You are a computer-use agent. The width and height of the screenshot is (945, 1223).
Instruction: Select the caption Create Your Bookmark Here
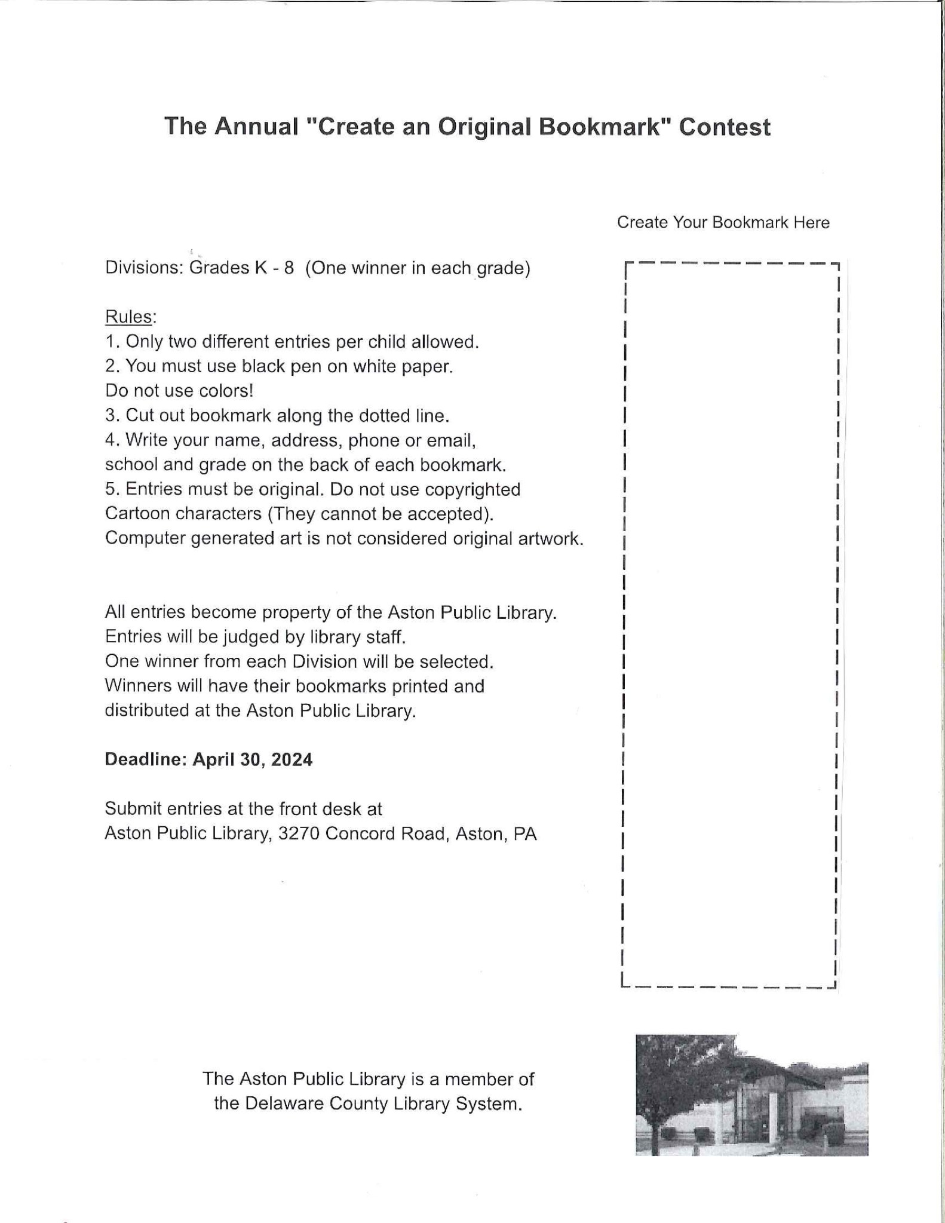723,222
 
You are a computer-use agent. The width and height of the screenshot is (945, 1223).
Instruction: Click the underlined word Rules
129,317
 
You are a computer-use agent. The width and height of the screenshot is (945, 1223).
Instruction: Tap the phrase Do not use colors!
179,391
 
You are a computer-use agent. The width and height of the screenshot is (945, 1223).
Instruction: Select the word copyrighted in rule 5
473,489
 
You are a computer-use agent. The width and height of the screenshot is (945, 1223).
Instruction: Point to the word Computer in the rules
145,538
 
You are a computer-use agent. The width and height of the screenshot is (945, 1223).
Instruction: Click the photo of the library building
751,1095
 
